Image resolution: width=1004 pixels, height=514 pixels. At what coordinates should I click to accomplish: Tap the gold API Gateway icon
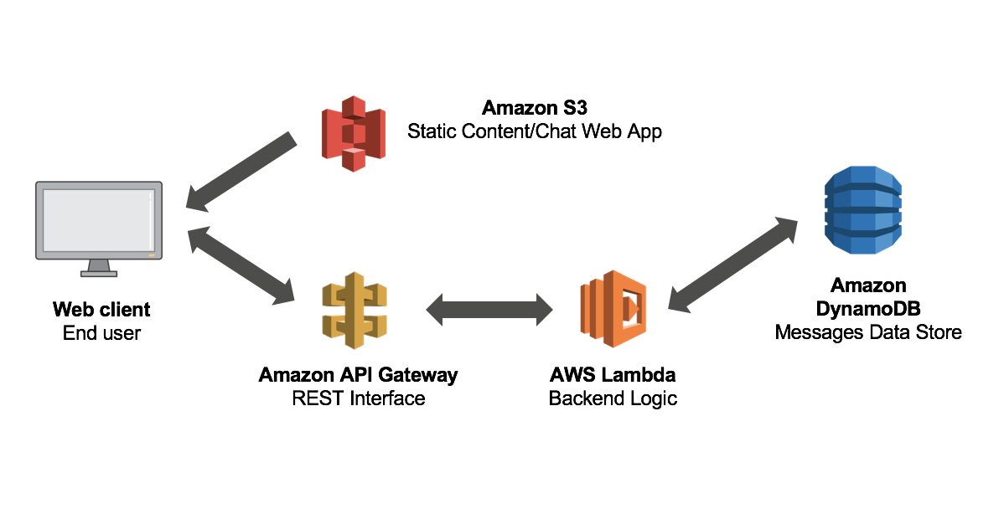355,311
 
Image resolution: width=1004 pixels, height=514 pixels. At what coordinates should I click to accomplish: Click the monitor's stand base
98,272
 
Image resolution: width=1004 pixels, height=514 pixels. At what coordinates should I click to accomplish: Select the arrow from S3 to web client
241,172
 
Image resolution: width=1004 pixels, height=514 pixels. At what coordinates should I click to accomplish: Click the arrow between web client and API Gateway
241,265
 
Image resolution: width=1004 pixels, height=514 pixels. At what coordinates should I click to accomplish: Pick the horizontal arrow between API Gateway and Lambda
489,310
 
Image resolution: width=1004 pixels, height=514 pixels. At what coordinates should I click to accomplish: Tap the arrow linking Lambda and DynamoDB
733,265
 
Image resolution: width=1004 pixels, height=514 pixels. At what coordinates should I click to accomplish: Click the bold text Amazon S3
534,108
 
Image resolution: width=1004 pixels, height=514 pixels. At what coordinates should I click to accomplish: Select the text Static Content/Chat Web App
534,131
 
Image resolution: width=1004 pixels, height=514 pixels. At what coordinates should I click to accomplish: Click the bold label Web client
101,310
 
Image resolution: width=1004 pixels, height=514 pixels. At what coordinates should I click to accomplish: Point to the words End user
101,333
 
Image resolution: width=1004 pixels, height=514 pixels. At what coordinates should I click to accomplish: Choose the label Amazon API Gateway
358,374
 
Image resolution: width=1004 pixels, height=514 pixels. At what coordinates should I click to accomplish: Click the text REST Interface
358,398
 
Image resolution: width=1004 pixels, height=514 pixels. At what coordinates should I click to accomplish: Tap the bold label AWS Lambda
613,374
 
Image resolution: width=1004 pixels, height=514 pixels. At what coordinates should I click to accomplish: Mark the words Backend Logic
613,398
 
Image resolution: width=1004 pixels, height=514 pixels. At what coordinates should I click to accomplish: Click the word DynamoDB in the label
867,309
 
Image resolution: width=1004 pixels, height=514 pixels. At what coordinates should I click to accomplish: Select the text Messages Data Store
867,333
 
